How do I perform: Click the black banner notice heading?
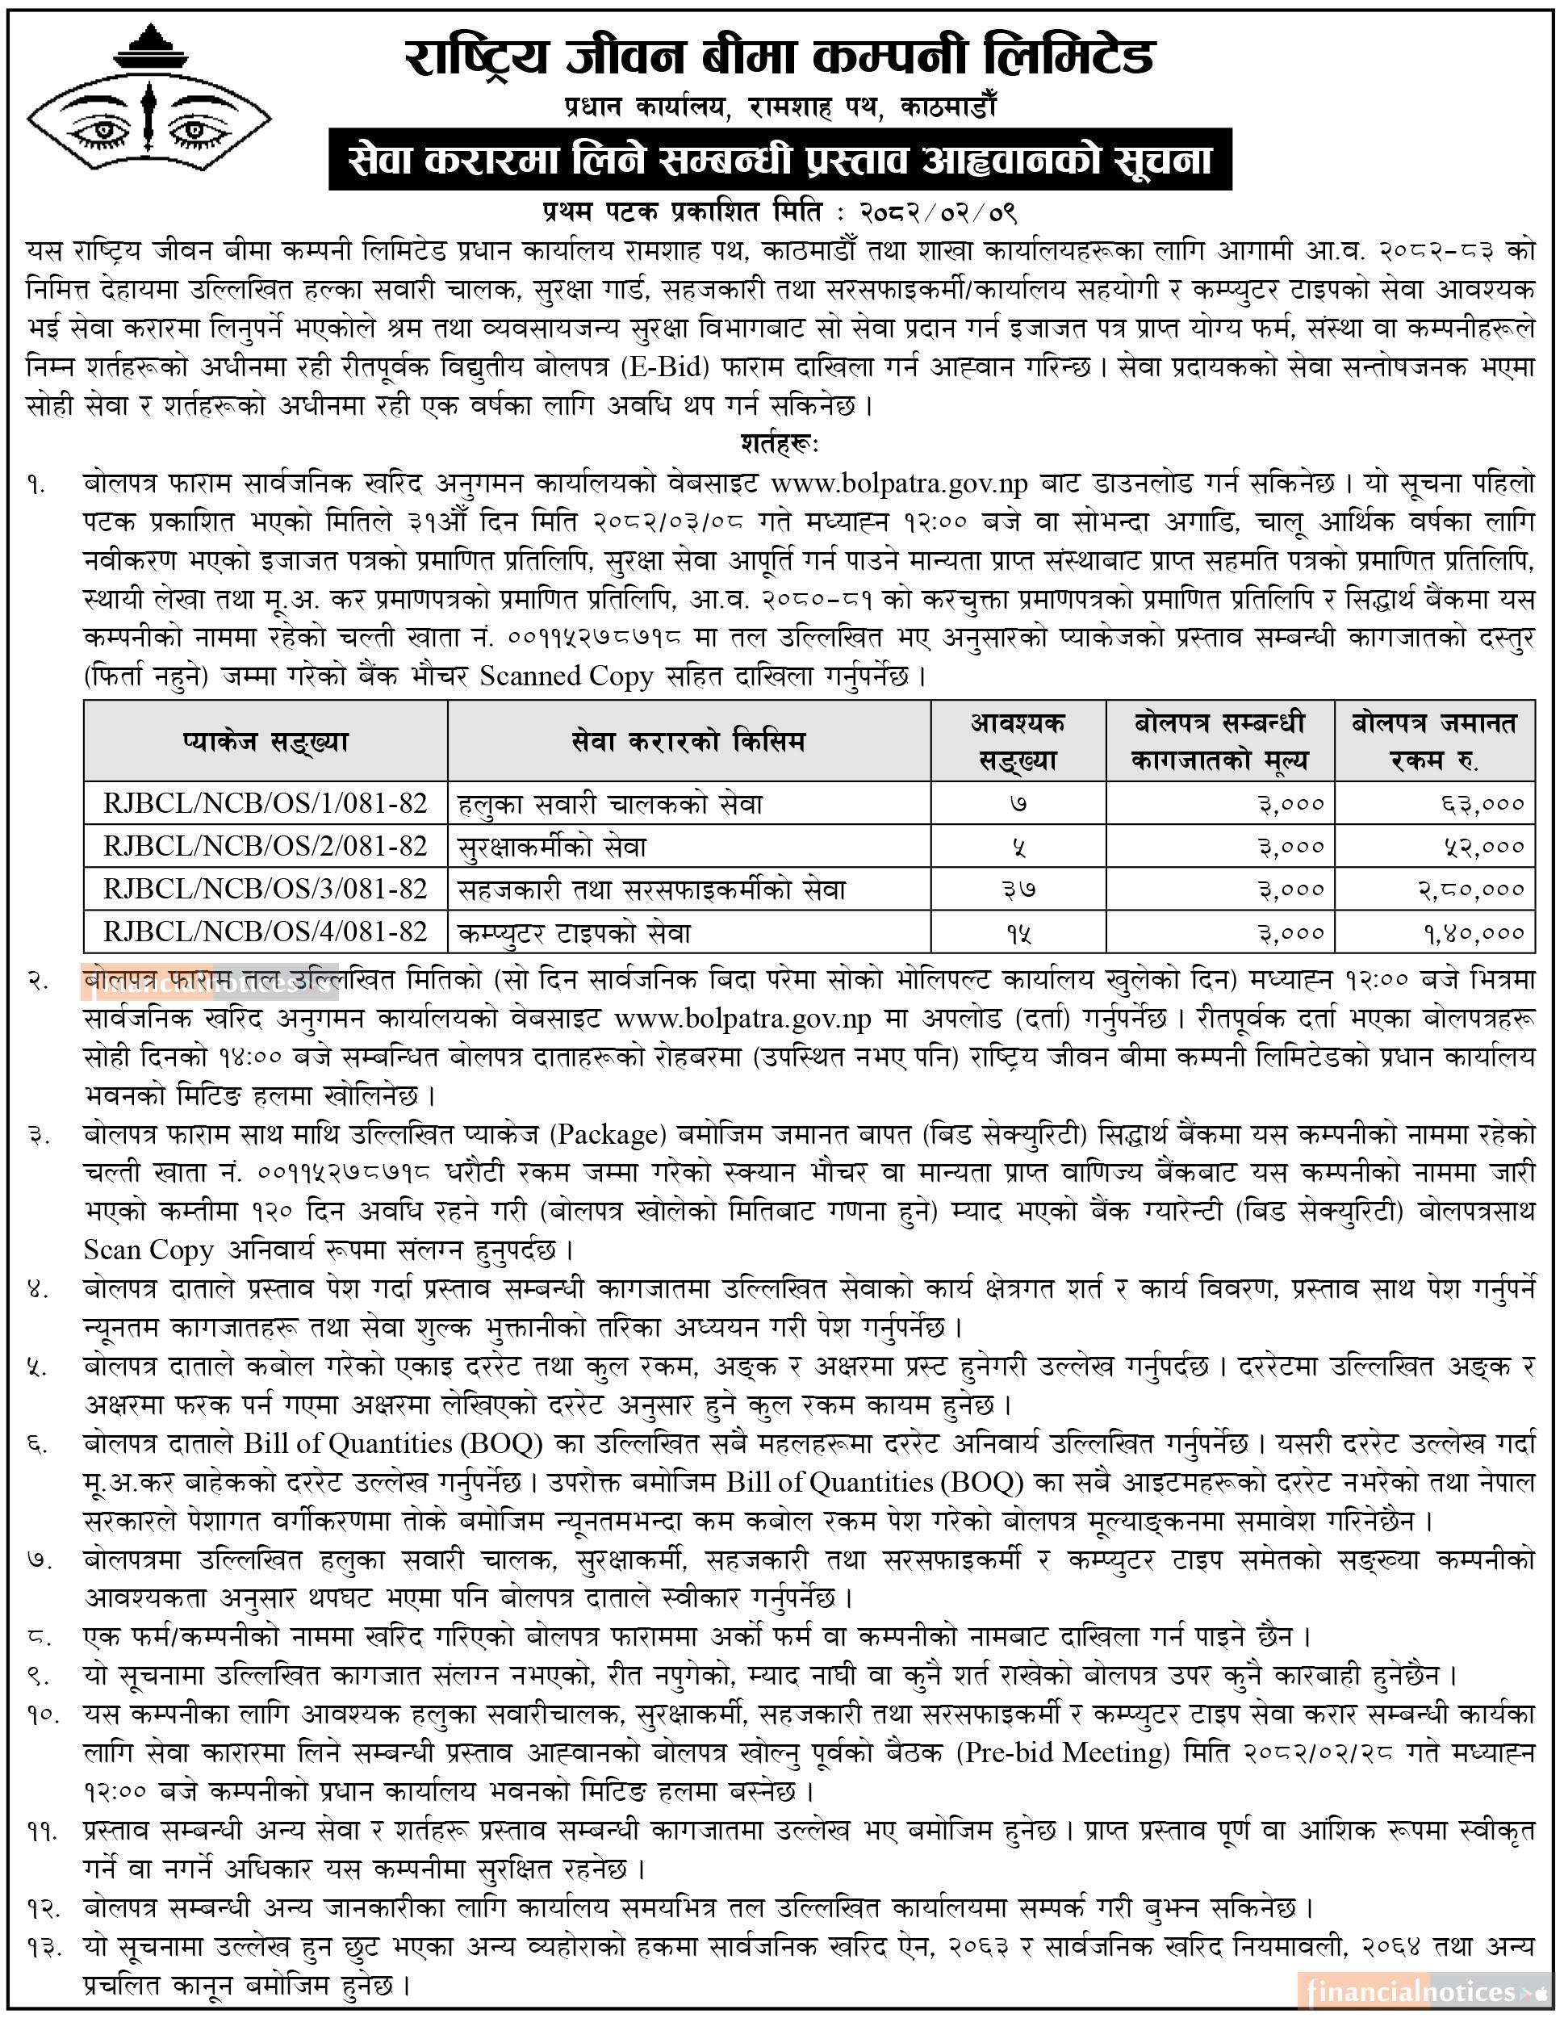click(780, 160)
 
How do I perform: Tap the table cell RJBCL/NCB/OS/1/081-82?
click(266, 803)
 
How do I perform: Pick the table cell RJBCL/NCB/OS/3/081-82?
click(266, 889)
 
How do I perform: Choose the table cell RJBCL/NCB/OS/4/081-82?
click(266, 932)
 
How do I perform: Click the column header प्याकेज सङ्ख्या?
click(266, 741)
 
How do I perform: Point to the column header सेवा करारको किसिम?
click(688, 741)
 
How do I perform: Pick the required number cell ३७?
click(1018, 890)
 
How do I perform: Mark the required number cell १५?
click(1018, 932)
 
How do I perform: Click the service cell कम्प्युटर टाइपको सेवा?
click(575, 932)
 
